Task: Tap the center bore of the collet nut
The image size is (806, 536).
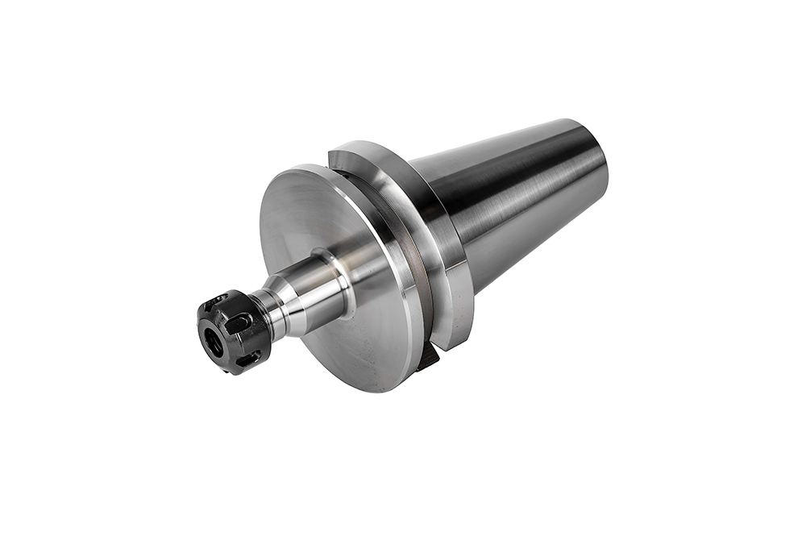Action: pyautogui.click(x=215, y=343)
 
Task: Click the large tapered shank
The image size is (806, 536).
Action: pyautogui.click(x=516, y=202)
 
